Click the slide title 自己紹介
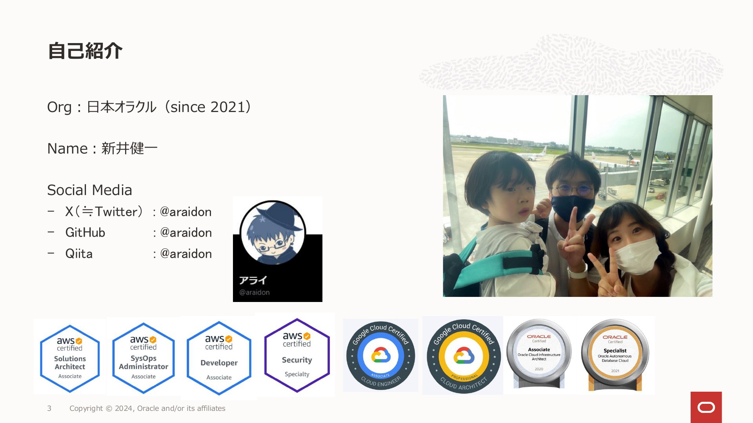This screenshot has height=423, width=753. pos(85,51)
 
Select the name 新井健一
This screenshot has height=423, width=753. pos(129,148)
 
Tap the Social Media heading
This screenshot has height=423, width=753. pos(89,190)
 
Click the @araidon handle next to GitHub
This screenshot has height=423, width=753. pos(186,233)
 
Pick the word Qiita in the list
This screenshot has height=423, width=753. pos(79,253)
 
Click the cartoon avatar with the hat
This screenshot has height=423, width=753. pos(273,232)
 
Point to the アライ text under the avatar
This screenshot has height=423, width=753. pos(253,280)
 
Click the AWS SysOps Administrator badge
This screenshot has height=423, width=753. pos(144,358)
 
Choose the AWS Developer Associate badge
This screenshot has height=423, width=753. pos(219,358)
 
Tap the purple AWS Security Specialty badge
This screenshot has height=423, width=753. pos(297,355)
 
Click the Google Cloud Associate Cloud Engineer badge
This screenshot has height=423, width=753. pos(380,356)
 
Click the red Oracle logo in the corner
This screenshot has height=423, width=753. pos(706,407)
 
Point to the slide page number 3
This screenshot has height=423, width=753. pos(49,409)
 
